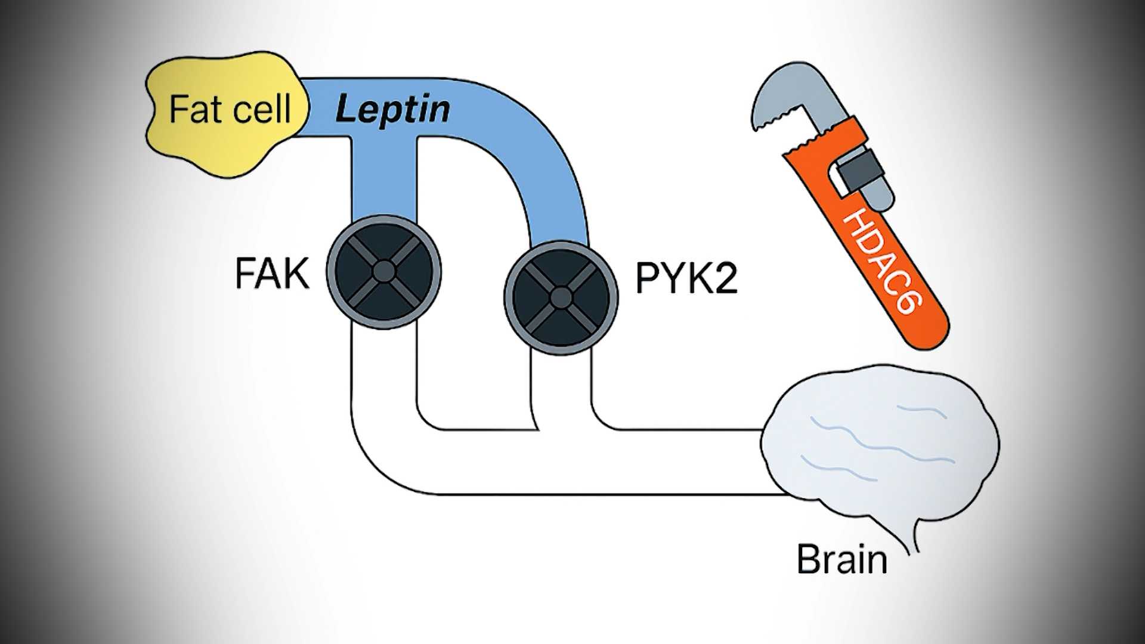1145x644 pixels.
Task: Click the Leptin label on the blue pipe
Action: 392,110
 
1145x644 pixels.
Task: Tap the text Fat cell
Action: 230,109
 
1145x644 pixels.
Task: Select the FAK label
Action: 272,274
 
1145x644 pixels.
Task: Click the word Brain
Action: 841,559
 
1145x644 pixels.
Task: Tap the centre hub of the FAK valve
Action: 383,272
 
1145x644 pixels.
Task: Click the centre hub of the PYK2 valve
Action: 561,297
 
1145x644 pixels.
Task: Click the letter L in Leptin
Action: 345,109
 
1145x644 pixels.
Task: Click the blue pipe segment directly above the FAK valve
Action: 383,179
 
